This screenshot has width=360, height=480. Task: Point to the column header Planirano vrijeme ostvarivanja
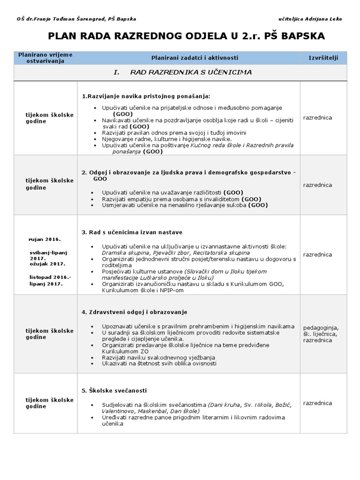tap(45, 58)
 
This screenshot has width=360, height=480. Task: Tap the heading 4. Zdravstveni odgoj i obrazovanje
tap(135, 312)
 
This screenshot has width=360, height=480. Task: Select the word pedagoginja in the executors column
tap(321, 327)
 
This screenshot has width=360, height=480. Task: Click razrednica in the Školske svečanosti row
tap(317, 403)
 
